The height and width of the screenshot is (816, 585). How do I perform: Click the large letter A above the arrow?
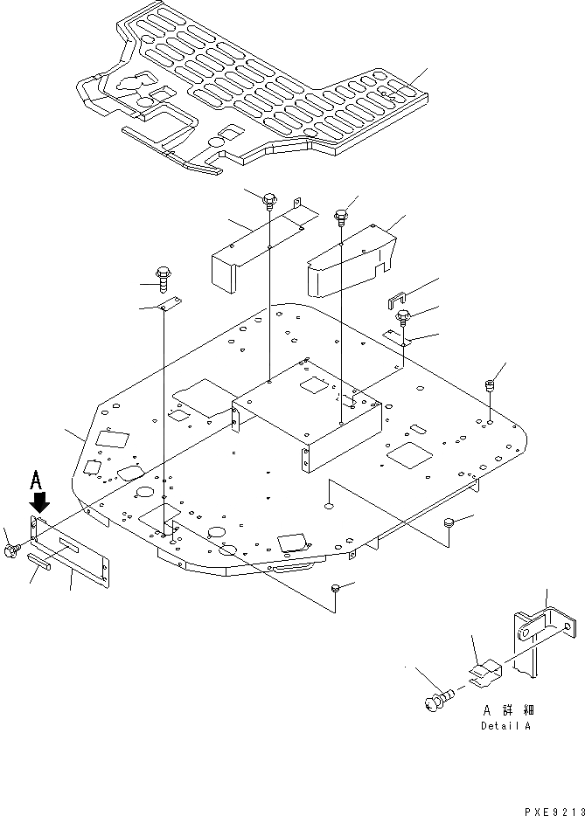tap(36, 479)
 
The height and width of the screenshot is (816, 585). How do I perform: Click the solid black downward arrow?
tap(38, 502)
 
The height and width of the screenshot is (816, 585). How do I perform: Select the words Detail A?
tap(505, 726)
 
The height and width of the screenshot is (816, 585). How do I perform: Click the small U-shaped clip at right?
tap(399, 301)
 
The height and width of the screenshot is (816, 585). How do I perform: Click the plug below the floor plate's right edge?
tap(449, 523)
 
